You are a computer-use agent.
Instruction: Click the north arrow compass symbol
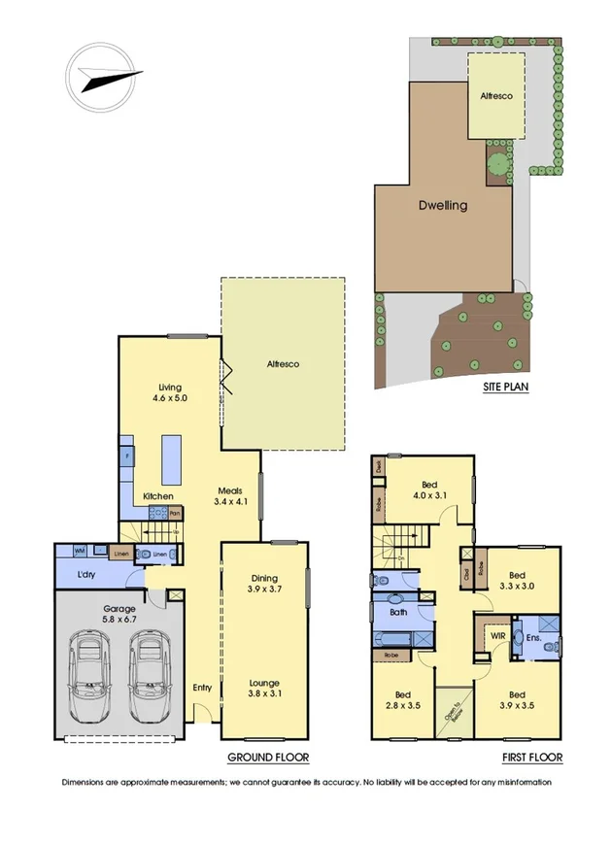pos(102,73)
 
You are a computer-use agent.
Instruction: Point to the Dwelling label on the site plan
pos(443,206)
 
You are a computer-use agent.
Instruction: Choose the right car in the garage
pos(149,677)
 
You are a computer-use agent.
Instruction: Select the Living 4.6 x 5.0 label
pos(169,391)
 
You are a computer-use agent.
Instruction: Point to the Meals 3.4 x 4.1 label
pos(232,496)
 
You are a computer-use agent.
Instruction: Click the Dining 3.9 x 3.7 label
pos(264,584)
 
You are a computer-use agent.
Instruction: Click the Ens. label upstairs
pos(533,637)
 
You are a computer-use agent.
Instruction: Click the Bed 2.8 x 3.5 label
pos(401,700)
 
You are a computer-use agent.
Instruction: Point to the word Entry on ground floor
pos(201,688)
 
